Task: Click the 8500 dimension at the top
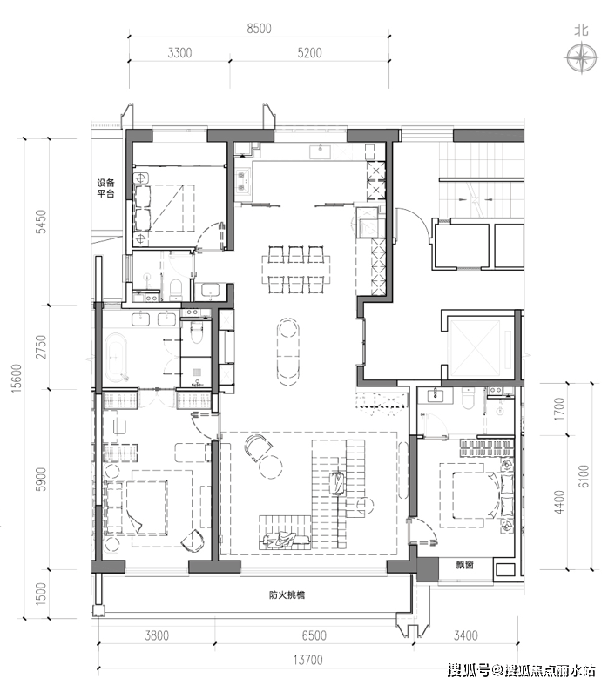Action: click(259, 29)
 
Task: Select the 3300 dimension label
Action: click(179, 53)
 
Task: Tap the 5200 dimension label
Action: click(309, 53)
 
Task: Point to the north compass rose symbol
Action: click(581, 57)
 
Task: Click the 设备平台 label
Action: click(105, 188)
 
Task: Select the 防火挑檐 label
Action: click(287, 594)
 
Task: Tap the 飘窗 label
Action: click(464, 564)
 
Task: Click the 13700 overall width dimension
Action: click(307, 660)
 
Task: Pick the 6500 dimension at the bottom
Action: click(314, 635)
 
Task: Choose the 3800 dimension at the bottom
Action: click(157, 635)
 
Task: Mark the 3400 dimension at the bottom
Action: click(465, 635)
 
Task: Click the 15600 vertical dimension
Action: click(17, 378)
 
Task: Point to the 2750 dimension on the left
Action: click(41, 347)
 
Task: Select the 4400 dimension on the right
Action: click(559, 502)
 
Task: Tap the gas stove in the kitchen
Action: click(242, 182)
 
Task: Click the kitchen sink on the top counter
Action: click(321, 151)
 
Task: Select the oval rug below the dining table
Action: click(287, 352)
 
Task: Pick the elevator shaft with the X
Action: click(474, 348)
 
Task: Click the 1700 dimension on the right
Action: click(559, 409)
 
